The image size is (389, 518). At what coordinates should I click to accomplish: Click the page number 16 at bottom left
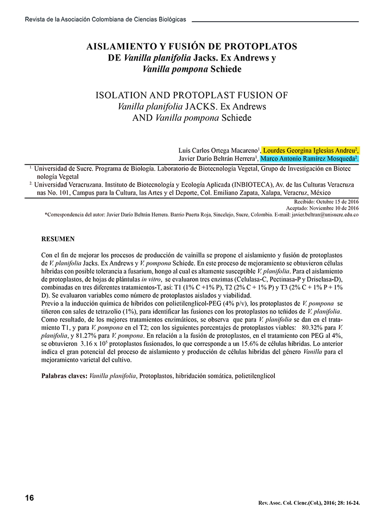click(x=29, y=498)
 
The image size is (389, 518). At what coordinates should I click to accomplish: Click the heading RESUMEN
click(x=58, y=239)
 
